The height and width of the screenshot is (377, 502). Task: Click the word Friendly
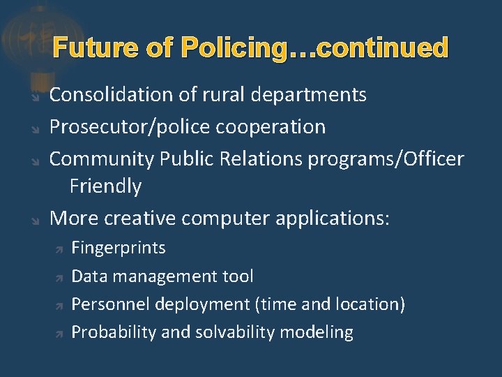click(105, 186)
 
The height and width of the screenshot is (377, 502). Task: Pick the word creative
click(139, 219)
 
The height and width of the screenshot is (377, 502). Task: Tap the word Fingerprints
click(119, 248)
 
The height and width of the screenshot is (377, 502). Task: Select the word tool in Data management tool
click(238, 276)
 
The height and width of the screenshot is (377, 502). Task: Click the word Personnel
click(111, 304)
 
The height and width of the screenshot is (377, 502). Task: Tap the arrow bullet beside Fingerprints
click(59, 249)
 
